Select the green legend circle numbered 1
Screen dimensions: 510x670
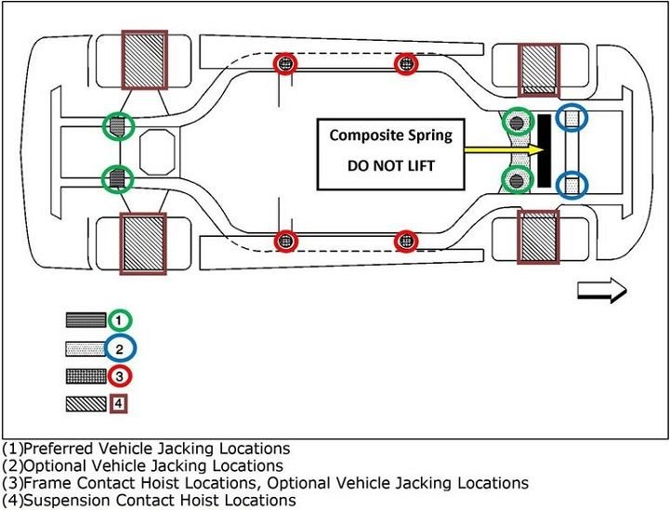pyautogui.click(x=119, y=320)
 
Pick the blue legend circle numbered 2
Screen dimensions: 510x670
pyautogui.click(x=119, y=348)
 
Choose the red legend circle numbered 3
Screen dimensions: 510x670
pyautogui.click(x=119, y=376)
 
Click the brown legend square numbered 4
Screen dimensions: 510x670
pyautogui.click(x=119, y=404)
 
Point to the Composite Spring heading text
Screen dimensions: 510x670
pyautogui.click(x=390, y=135)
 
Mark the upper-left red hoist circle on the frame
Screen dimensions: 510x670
pyautogui.click(x=287, y=63)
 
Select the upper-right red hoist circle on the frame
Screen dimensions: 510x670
pyautogui.click(x=405, y=63)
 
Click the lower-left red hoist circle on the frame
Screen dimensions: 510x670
pyautogui.click(x=287, y=241)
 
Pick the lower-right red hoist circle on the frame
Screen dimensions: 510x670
pyautogui.click(x=405, y=241)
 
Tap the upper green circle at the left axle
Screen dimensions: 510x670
pyautogui.click(x=116, y=125)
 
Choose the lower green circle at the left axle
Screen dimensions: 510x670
pyautogui.click(x=116, y=177)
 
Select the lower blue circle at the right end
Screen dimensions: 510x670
pyautogui.click(x=571, y=183)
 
